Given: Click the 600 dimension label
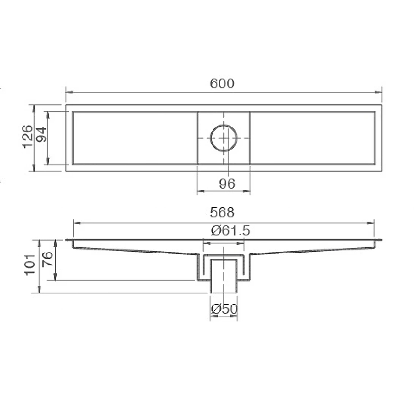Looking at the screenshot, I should pos(222,84).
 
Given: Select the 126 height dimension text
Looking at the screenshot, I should pos(28,136).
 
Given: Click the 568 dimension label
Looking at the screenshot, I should pos(222,213).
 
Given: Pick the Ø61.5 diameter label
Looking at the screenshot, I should pos(231,231).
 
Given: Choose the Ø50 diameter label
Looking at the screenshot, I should pos(224,309).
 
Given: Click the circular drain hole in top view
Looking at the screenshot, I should pos(224,138).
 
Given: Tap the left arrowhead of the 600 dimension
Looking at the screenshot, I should pos(68,92).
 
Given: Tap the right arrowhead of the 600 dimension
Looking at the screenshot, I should pos(379,92).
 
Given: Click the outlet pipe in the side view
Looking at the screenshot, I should pos(224,276).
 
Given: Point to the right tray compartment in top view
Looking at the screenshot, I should pos(313,138).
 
